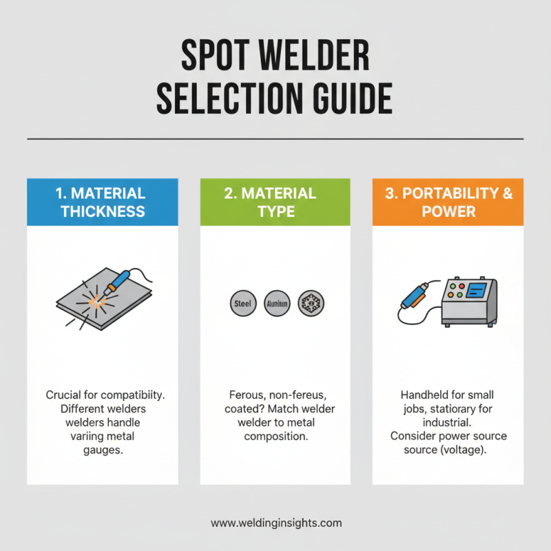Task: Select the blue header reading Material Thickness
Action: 103,202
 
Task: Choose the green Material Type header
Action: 275,202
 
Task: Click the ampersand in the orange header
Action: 506,194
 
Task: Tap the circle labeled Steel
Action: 241,303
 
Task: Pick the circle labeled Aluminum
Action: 277,303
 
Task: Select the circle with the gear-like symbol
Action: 311,303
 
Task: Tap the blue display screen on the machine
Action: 476,291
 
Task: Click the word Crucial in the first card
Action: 64,395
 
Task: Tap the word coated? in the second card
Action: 247,409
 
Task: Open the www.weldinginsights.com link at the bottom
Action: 275,523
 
